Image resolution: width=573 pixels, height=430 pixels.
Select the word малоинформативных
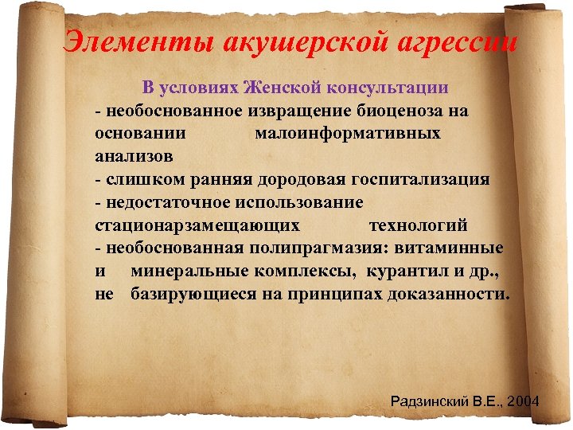tap(347, 133)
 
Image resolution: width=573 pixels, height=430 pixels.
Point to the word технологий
tap(418, 225)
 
